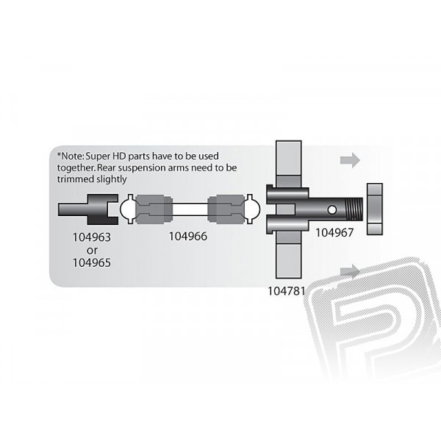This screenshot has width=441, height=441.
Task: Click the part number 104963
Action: coord(92,237)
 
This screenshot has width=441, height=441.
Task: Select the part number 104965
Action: coord(92,262)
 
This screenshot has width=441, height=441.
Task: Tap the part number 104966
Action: coord(188,236)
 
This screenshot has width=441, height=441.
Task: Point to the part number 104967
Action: coord(334,232)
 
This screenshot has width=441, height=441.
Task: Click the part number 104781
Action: coord(287,291)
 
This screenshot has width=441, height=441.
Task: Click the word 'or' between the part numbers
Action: coord(93,251)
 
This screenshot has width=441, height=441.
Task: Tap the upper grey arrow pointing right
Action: coord(350,160)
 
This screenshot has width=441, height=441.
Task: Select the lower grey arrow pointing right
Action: coord(350,271)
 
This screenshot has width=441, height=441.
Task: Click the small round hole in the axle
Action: coord(332,209)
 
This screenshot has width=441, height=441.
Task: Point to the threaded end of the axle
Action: coord(354,209)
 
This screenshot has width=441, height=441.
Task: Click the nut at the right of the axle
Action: coord(375,209)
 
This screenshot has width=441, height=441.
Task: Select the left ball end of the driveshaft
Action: coord(128,209)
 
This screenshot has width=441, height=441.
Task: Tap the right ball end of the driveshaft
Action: coord(252,209)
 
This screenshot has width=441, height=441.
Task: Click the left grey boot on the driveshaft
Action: coord(154,209)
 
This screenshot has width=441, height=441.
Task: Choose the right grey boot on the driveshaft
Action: coord(226,209)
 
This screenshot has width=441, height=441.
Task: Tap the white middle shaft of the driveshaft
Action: coord(190,209)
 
